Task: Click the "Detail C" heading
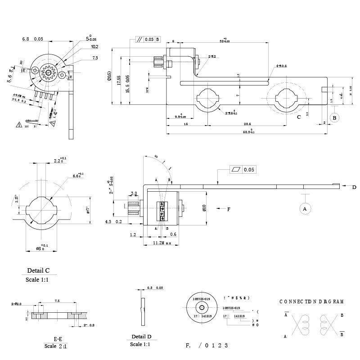[39, 271]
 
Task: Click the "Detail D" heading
[141, 337]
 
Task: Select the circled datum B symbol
[334, 117]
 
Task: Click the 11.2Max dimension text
[162, 243]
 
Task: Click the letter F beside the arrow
[229, 209]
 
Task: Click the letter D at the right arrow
[354, 187]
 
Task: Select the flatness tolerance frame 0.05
[243, 170]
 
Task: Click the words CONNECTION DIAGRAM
[311, 301]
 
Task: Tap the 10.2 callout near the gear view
[94, 46]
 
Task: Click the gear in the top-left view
[47, 72]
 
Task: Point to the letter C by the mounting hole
[299, 117]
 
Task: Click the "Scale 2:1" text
[57, 346]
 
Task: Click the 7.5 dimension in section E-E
[57, 301]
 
